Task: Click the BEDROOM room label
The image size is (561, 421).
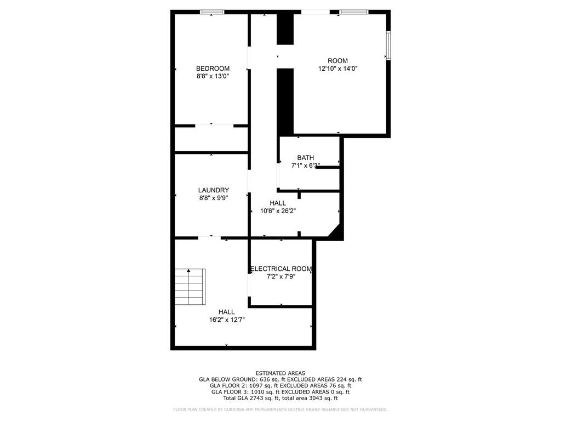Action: (x=213, y=69)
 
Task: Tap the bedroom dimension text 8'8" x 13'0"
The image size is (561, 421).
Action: (x=213, y=76)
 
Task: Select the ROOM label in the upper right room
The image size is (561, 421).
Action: (x=337, y=60)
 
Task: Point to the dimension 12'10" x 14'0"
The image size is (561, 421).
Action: (x=338, y=69)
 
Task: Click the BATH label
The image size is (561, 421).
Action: (x=306, y=157)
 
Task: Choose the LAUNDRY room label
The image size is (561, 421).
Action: (x=214, y=190)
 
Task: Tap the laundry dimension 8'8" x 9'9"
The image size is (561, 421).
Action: (x=214, y=197)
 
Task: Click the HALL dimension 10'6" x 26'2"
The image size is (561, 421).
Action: (x=278, y=211)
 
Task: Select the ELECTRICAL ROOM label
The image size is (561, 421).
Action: (x=281, y=269)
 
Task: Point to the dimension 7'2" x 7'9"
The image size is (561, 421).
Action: (x=281, y=276)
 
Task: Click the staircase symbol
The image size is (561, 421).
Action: (x=190, y=287)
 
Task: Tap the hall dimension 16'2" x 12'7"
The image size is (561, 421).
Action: (x=227, y=320)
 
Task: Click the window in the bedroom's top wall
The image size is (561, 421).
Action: (x=212, y=12)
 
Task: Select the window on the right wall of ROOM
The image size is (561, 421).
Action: (x=388, y=45)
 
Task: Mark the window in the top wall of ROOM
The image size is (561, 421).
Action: (x=354, y=12)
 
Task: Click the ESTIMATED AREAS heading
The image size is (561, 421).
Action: (x=280, y=373)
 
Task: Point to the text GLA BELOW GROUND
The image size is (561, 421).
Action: (x=227, y=379)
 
